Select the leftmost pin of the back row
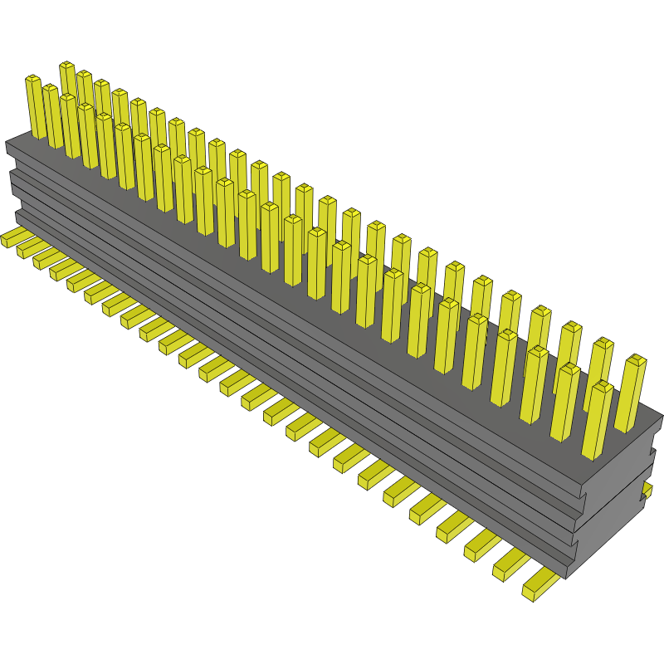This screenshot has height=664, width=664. click(x=67, y=83)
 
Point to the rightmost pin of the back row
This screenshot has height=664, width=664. click(x=632, y=393)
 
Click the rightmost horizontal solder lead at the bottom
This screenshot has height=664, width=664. click(x=540, y=584)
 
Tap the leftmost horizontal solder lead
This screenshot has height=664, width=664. click(x=13, y=238)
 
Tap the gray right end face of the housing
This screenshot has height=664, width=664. click(x=618, y=506)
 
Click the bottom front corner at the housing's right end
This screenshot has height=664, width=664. click(x=566, y=578)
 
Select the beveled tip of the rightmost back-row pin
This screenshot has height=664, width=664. click(x=636, y=359)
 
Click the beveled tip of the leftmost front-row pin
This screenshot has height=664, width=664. click(x=32, y=80)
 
